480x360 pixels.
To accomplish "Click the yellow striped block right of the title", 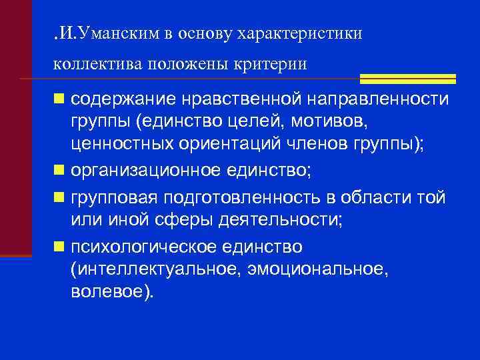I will [407, 79].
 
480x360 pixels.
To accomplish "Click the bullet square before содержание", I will [60, 100].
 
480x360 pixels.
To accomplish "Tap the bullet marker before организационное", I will [60, 170].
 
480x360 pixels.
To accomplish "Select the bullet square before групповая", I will [60, 199].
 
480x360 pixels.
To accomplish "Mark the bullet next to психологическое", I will [60, 247].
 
